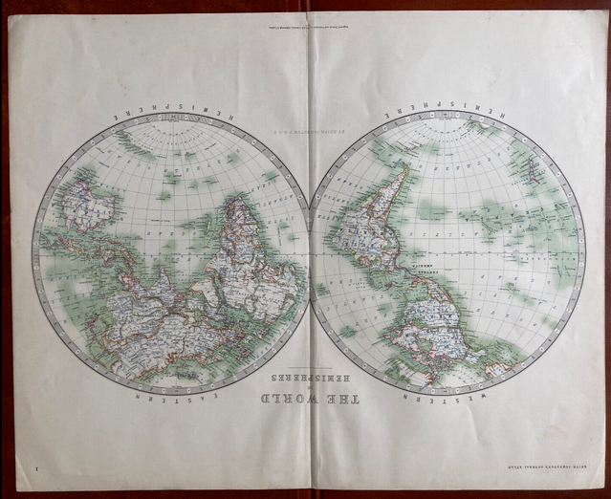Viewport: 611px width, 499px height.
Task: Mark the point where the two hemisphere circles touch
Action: click(310, 253)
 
